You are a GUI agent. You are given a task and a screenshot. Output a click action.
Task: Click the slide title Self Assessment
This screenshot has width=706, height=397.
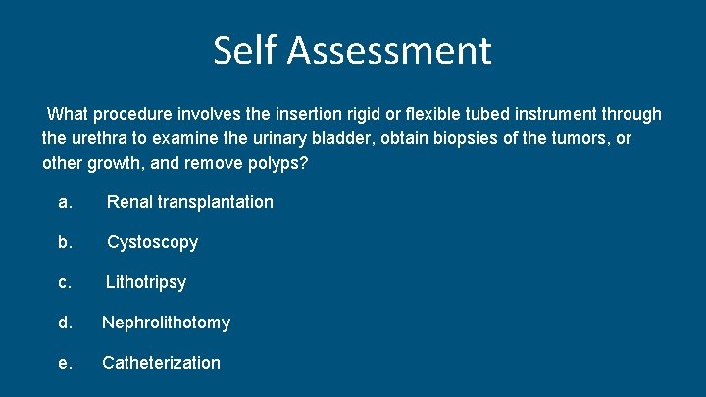[x=352, y=50]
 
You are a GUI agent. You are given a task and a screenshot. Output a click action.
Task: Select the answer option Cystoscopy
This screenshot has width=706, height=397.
[x=152, y=242]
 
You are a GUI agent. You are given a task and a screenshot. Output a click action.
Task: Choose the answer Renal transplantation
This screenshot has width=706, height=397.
[x=189, y=202]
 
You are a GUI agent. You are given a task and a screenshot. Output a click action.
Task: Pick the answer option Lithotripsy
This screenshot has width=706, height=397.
[x=146, y=282]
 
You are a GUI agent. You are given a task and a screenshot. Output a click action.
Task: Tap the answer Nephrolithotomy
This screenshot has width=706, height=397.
[x=166, y=323]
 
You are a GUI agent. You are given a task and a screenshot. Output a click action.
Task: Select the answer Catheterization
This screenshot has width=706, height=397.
[x=161, y=363]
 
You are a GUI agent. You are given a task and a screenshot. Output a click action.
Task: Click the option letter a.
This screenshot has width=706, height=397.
[x=65, y=202]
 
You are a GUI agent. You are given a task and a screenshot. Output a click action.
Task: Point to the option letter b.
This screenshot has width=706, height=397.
[x=65, y=242]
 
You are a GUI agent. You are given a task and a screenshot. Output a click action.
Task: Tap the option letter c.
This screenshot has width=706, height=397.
[x=65, y=282]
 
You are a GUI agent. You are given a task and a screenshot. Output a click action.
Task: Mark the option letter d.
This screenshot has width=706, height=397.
[x=65, y=323]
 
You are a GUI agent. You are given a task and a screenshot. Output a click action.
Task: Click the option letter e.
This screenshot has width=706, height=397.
[x=65, y=363]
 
